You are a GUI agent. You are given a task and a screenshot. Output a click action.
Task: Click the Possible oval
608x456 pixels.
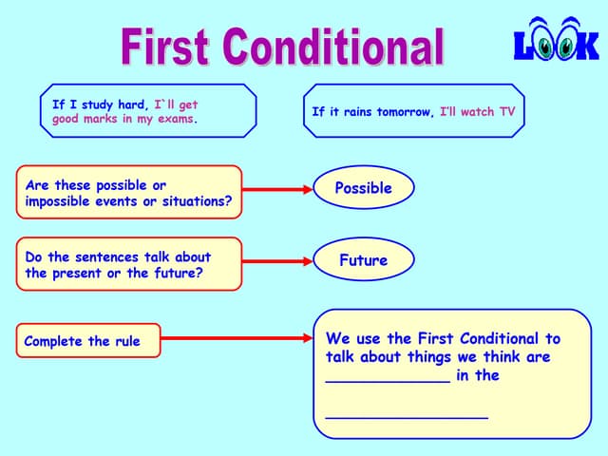pyautogui.click(x=363, y=188)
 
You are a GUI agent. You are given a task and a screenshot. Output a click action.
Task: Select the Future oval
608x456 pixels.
pyautogui.click(x=363, y=259)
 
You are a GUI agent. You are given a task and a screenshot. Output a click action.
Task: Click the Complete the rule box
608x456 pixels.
pyautogui.click(x=88, y=341)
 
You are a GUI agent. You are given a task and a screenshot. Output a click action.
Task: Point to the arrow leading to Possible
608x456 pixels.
pyautogui.click(x=276, y=190)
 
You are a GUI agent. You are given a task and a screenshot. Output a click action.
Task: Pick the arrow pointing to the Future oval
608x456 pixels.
pyautogui.click(x=276, y=261)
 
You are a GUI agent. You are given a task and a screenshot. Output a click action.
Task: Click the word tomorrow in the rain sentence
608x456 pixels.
pyautogui.click(x=404, y=112)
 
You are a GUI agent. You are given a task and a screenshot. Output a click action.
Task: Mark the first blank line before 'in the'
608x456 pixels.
pyautogui.click(x=388, y=380)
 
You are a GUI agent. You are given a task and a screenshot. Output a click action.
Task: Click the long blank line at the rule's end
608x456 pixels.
pyautogui.click(x=407, y=417)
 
